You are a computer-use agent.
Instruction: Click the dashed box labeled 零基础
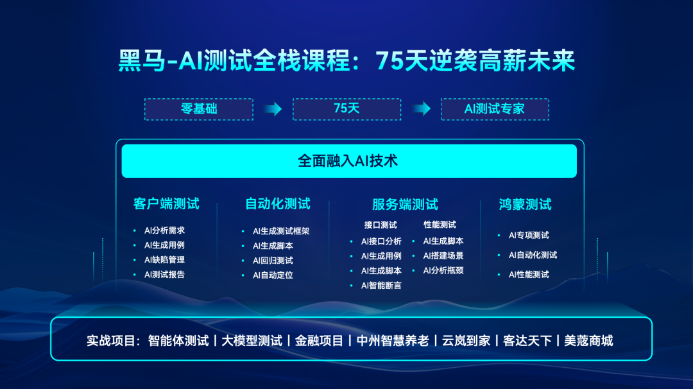pyautogui.click(x=199, y=109)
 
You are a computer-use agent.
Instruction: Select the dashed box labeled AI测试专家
pyautogui.click(x=495, y=109)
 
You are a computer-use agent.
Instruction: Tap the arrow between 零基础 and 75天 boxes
pyautogui.click(x=273, y=108)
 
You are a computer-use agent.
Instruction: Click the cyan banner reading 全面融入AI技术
pyautogui.click(x=349, y=161)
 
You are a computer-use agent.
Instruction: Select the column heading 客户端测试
pyautogui.click(x=166, y=203)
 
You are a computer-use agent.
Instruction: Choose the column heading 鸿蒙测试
pyautogui.click(x=525, y=204)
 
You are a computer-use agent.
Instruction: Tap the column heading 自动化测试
pyautogui.click(x=278, y=203)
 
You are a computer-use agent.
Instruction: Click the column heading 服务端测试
pyautogui.click(x=405, y=204)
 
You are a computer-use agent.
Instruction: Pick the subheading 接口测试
pyautogui.click(x=381, y=225)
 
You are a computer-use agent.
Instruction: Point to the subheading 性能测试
pyautogui.click(x=440, y=225)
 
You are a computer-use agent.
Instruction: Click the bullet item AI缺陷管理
pyautogui.click(x=164, y=260)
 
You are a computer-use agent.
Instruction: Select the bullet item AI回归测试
pyautogui.click(x=273, y=261)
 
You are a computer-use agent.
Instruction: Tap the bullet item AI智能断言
pyautogui.click(x=381, y=286)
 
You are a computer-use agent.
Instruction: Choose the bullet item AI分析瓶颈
pyautogui.click(x=443, y=270)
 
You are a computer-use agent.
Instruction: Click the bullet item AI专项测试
pyautogui.click(x=529, y=235)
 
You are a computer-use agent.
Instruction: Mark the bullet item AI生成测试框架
pyautogui.click(x=280, y=231)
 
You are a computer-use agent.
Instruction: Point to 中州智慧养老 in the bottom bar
pyautogui.click(x=393, y=341)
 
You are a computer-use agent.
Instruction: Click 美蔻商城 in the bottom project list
pyautogui.click(x=588, y=341)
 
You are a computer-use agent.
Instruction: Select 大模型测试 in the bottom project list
pyautogui.click(x=252, y=341)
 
